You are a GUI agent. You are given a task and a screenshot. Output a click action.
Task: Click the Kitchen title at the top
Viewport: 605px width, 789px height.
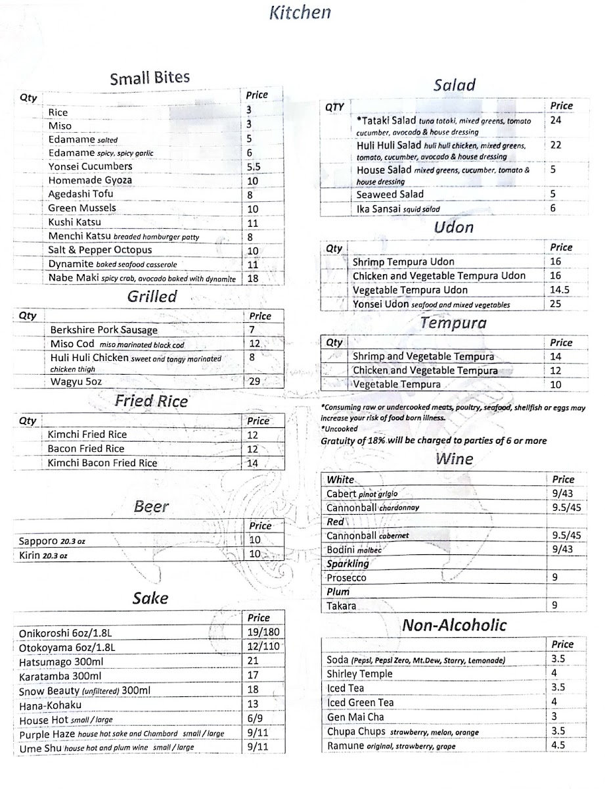coord(300,12)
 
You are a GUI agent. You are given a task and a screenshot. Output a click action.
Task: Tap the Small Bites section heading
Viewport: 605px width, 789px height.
coord(150,79)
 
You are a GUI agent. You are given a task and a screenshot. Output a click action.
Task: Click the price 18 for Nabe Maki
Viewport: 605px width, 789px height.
coord(252,278)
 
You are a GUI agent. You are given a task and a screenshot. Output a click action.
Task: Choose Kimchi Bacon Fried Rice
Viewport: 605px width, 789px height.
coord(102,463)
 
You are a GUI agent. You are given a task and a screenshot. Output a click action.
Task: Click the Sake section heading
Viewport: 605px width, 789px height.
coord(150,598)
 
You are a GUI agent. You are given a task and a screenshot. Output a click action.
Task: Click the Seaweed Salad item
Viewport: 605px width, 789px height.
coord(390,194)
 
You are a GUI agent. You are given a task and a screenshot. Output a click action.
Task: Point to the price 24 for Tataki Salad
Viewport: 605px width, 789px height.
coord(556,120)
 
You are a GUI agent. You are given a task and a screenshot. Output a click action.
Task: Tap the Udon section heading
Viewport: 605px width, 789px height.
coord(454,227)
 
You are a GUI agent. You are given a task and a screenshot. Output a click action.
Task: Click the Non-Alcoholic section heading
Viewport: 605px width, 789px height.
coord(455,625)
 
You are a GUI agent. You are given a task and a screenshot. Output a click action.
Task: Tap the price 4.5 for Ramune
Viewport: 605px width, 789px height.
coord(558,746)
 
